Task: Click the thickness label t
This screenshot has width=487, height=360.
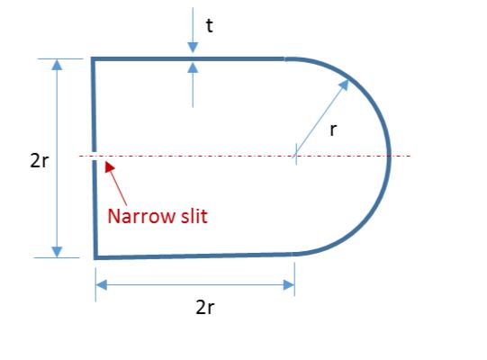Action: (x=210, y=25)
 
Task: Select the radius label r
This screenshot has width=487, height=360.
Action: (x=333, y=130)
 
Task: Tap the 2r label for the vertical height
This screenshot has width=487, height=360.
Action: (x=40, y=161)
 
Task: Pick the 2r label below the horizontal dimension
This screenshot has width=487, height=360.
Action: (x=205, y=308)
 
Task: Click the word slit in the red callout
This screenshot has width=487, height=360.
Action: (x=194, y=216)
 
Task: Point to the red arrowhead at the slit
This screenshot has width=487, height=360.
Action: (x=109, y=166)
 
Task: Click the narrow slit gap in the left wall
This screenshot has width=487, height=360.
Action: (x=94, y=156)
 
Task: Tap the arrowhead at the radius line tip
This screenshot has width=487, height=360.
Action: (x=344, y=85)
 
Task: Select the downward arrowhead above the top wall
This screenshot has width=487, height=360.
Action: (x=193, y=47)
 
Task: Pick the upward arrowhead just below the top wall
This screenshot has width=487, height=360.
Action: (x=193, y=67)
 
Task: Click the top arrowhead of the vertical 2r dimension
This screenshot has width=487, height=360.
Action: (x=57, y=64)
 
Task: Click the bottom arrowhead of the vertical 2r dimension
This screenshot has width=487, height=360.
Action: (x=57, y=252)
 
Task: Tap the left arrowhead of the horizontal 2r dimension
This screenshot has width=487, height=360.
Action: (x=101, y=284)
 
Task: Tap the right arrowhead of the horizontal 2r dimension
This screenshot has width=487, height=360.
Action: (x=289, y=284)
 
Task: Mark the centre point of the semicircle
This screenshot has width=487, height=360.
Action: (x=296, y=156)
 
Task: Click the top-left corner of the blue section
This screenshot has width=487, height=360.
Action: (x=93, y=58)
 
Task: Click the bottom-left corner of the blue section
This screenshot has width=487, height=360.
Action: (x=95, y=257)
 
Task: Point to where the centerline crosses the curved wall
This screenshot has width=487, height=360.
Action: (x=389, y=156)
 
